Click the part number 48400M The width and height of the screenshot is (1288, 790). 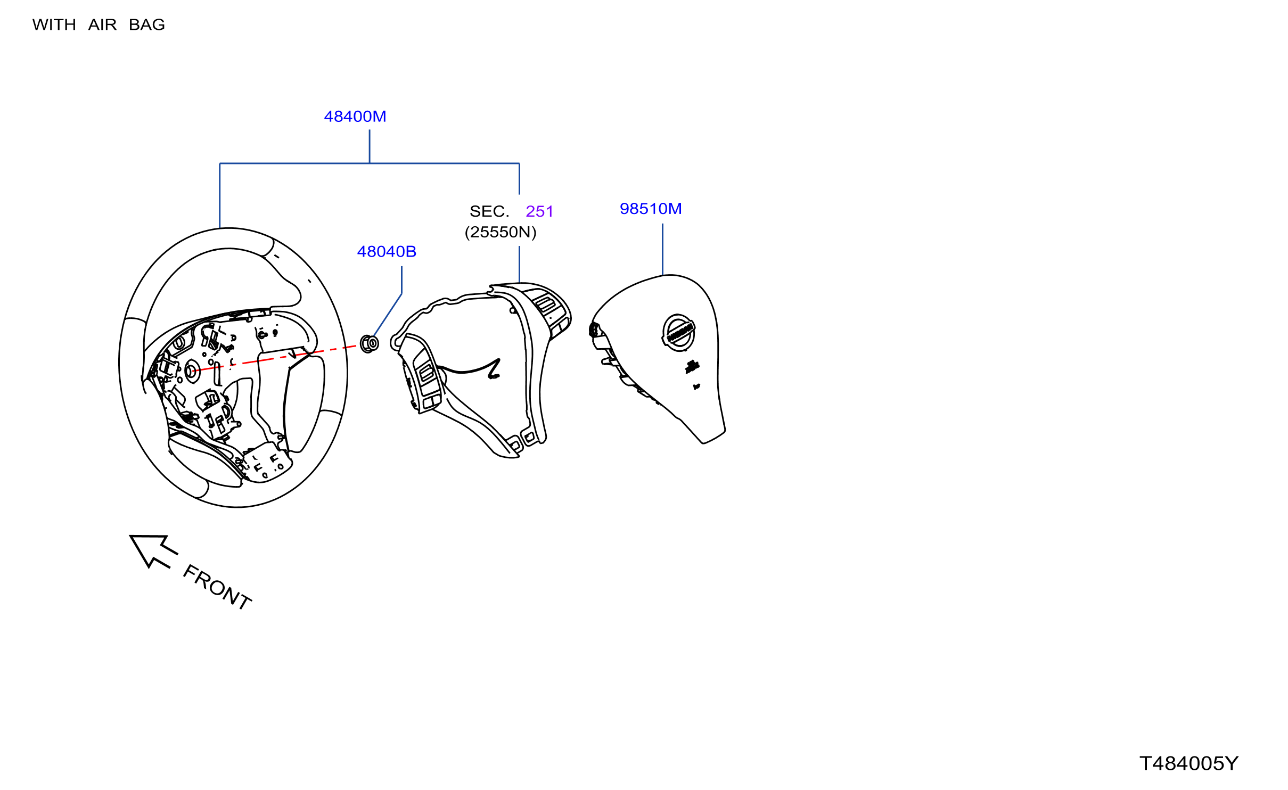(355, 117)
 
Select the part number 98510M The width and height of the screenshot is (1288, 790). (651, 209)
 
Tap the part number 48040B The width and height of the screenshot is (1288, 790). (387, 252)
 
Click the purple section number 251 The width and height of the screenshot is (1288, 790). (539, 211)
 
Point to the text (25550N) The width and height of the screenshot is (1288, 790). (501, 232)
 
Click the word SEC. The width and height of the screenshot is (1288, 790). (489, 211)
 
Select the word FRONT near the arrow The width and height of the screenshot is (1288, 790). (217, 587)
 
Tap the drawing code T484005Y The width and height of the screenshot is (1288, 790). (1188, 763)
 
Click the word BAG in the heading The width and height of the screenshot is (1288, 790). (147, 25)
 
